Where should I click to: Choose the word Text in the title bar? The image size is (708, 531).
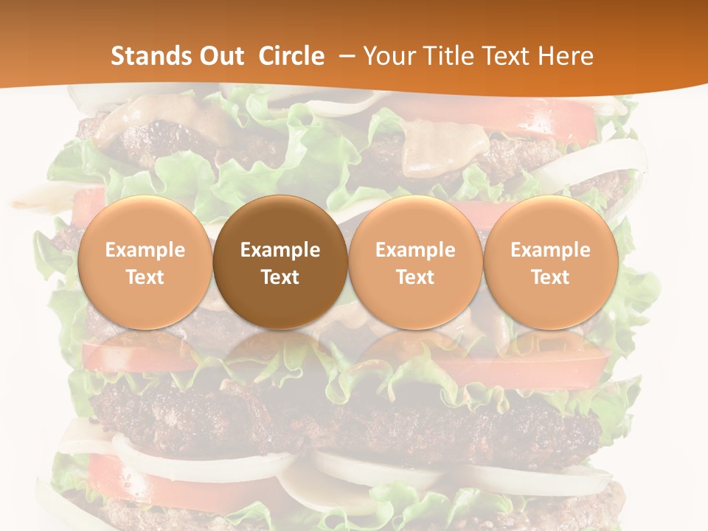[x=510, y=56]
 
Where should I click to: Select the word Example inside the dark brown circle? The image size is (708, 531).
[x=280, y=250]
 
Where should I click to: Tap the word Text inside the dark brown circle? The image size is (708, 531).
[x=280, y=277]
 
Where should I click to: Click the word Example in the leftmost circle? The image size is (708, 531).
[x=145, y=250]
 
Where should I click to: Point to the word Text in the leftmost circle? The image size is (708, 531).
[x=145, y=277]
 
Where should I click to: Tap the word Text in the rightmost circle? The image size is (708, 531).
[x=550, y=277]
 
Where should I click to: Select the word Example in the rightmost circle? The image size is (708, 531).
[x=550, y=250]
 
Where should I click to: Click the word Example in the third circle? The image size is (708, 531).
[x=415, y=250]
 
